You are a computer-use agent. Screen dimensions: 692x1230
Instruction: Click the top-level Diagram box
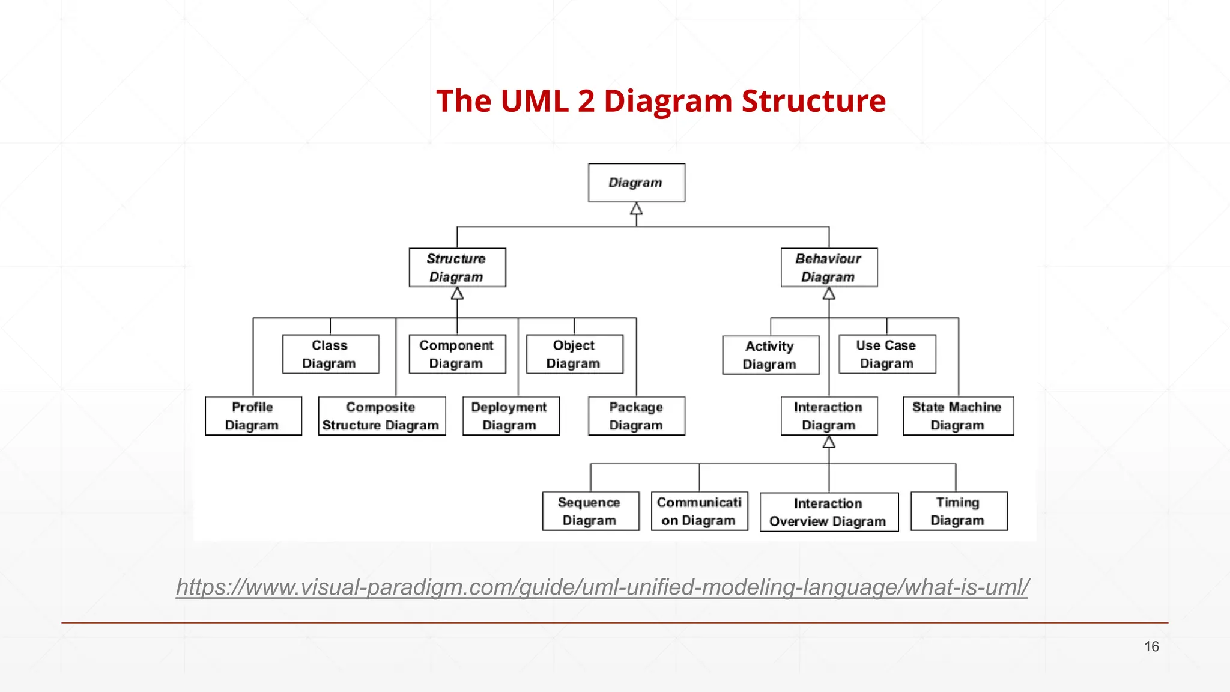pyautogui.click(x=636, y=183)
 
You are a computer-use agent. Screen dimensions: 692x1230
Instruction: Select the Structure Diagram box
pyautogui.click(x=457, y=267)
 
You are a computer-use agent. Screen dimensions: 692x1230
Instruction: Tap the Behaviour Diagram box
pyautogui.click(x=829, y=267)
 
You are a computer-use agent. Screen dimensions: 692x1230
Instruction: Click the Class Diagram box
pyautogui.click(x=330, y=354)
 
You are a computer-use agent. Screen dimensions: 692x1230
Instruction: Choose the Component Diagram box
pyautogui.click(x=457, y=354)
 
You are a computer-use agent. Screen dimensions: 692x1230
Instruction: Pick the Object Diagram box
pyautogui.click(x=574, y=354)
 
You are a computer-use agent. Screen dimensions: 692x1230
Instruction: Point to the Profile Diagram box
pyautogui.click(x=253, y=416)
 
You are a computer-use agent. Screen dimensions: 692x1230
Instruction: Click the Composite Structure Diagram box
pyautogui.click(x=382, y=416)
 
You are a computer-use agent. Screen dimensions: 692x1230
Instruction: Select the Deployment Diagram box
pyautogui.click(x=510, y=416)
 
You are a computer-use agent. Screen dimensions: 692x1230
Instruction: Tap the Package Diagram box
pyautogui.click(x=636, y=416)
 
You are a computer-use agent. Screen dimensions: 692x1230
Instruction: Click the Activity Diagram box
pyautogui.click(x=771, y=355)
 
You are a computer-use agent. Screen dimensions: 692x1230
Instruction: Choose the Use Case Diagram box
pyautogui.click(x=887, y=354)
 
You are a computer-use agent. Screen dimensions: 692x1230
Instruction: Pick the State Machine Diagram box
pyautogui.click(x=958, y=416)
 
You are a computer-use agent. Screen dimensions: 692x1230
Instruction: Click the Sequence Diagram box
pyautogui.click(x=590, y=511)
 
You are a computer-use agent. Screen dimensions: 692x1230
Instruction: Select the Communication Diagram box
pyautogui.click(x=699, y=511)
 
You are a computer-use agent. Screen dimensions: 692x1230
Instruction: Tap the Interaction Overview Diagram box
pyautogui.click(x=829, y=512)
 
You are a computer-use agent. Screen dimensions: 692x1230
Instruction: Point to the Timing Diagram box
pyautogui.click(x=959, y=511)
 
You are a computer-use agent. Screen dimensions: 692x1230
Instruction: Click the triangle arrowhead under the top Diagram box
pyautogui.click(x=636, y=209)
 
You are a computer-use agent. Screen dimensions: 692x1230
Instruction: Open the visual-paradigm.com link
pyautogui.click(x=602, y=587)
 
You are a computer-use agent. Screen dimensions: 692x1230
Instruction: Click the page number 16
pyautogui.click(x=1151, y=646)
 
